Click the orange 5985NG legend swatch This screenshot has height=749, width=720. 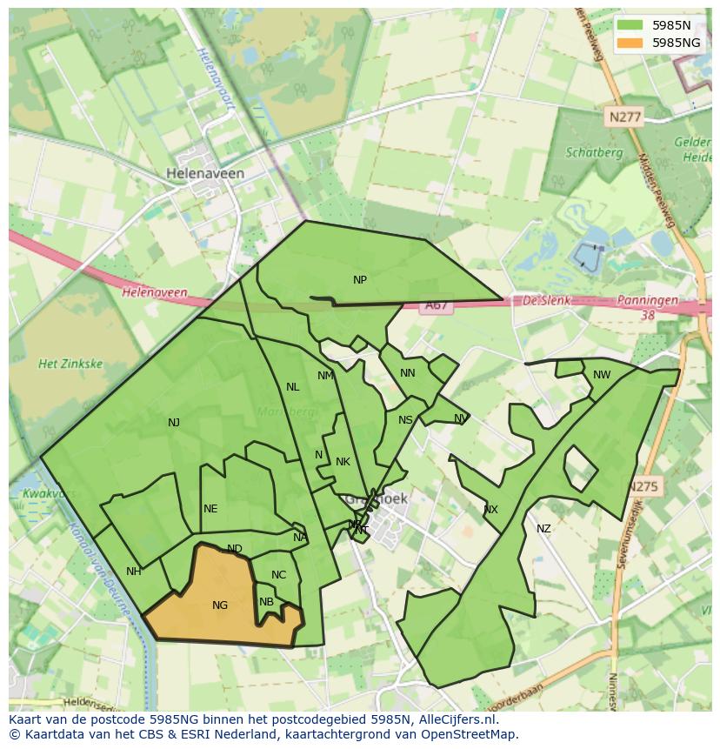pos(630,43)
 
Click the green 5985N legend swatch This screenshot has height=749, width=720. pos(630,26)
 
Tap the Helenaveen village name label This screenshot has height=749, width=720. pos(205,173)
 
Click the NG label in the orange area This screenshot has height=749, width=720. pos(220,605)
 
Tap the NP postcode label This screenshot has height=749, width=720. pos(360,280)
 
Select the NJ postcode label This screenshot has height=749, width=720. pos(174,423)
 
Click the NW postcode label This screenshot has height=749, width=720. pos(602,375)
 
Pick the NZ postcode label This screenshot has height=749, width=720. pos(543,529)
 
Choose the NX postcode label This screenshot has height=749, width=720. pos(490,510)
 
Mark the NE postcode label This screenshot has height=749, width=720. pos(210,509)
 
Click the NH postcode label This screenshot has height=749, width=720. pos(133,572)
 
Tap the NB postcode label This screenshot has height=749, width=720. pos(266,602)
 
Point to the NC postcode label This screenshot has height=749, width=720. pos(278,575)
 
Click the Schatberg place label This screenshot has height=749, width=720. pos(594,152)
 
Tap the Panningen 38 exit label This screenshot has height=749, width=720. pos(647,306)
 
